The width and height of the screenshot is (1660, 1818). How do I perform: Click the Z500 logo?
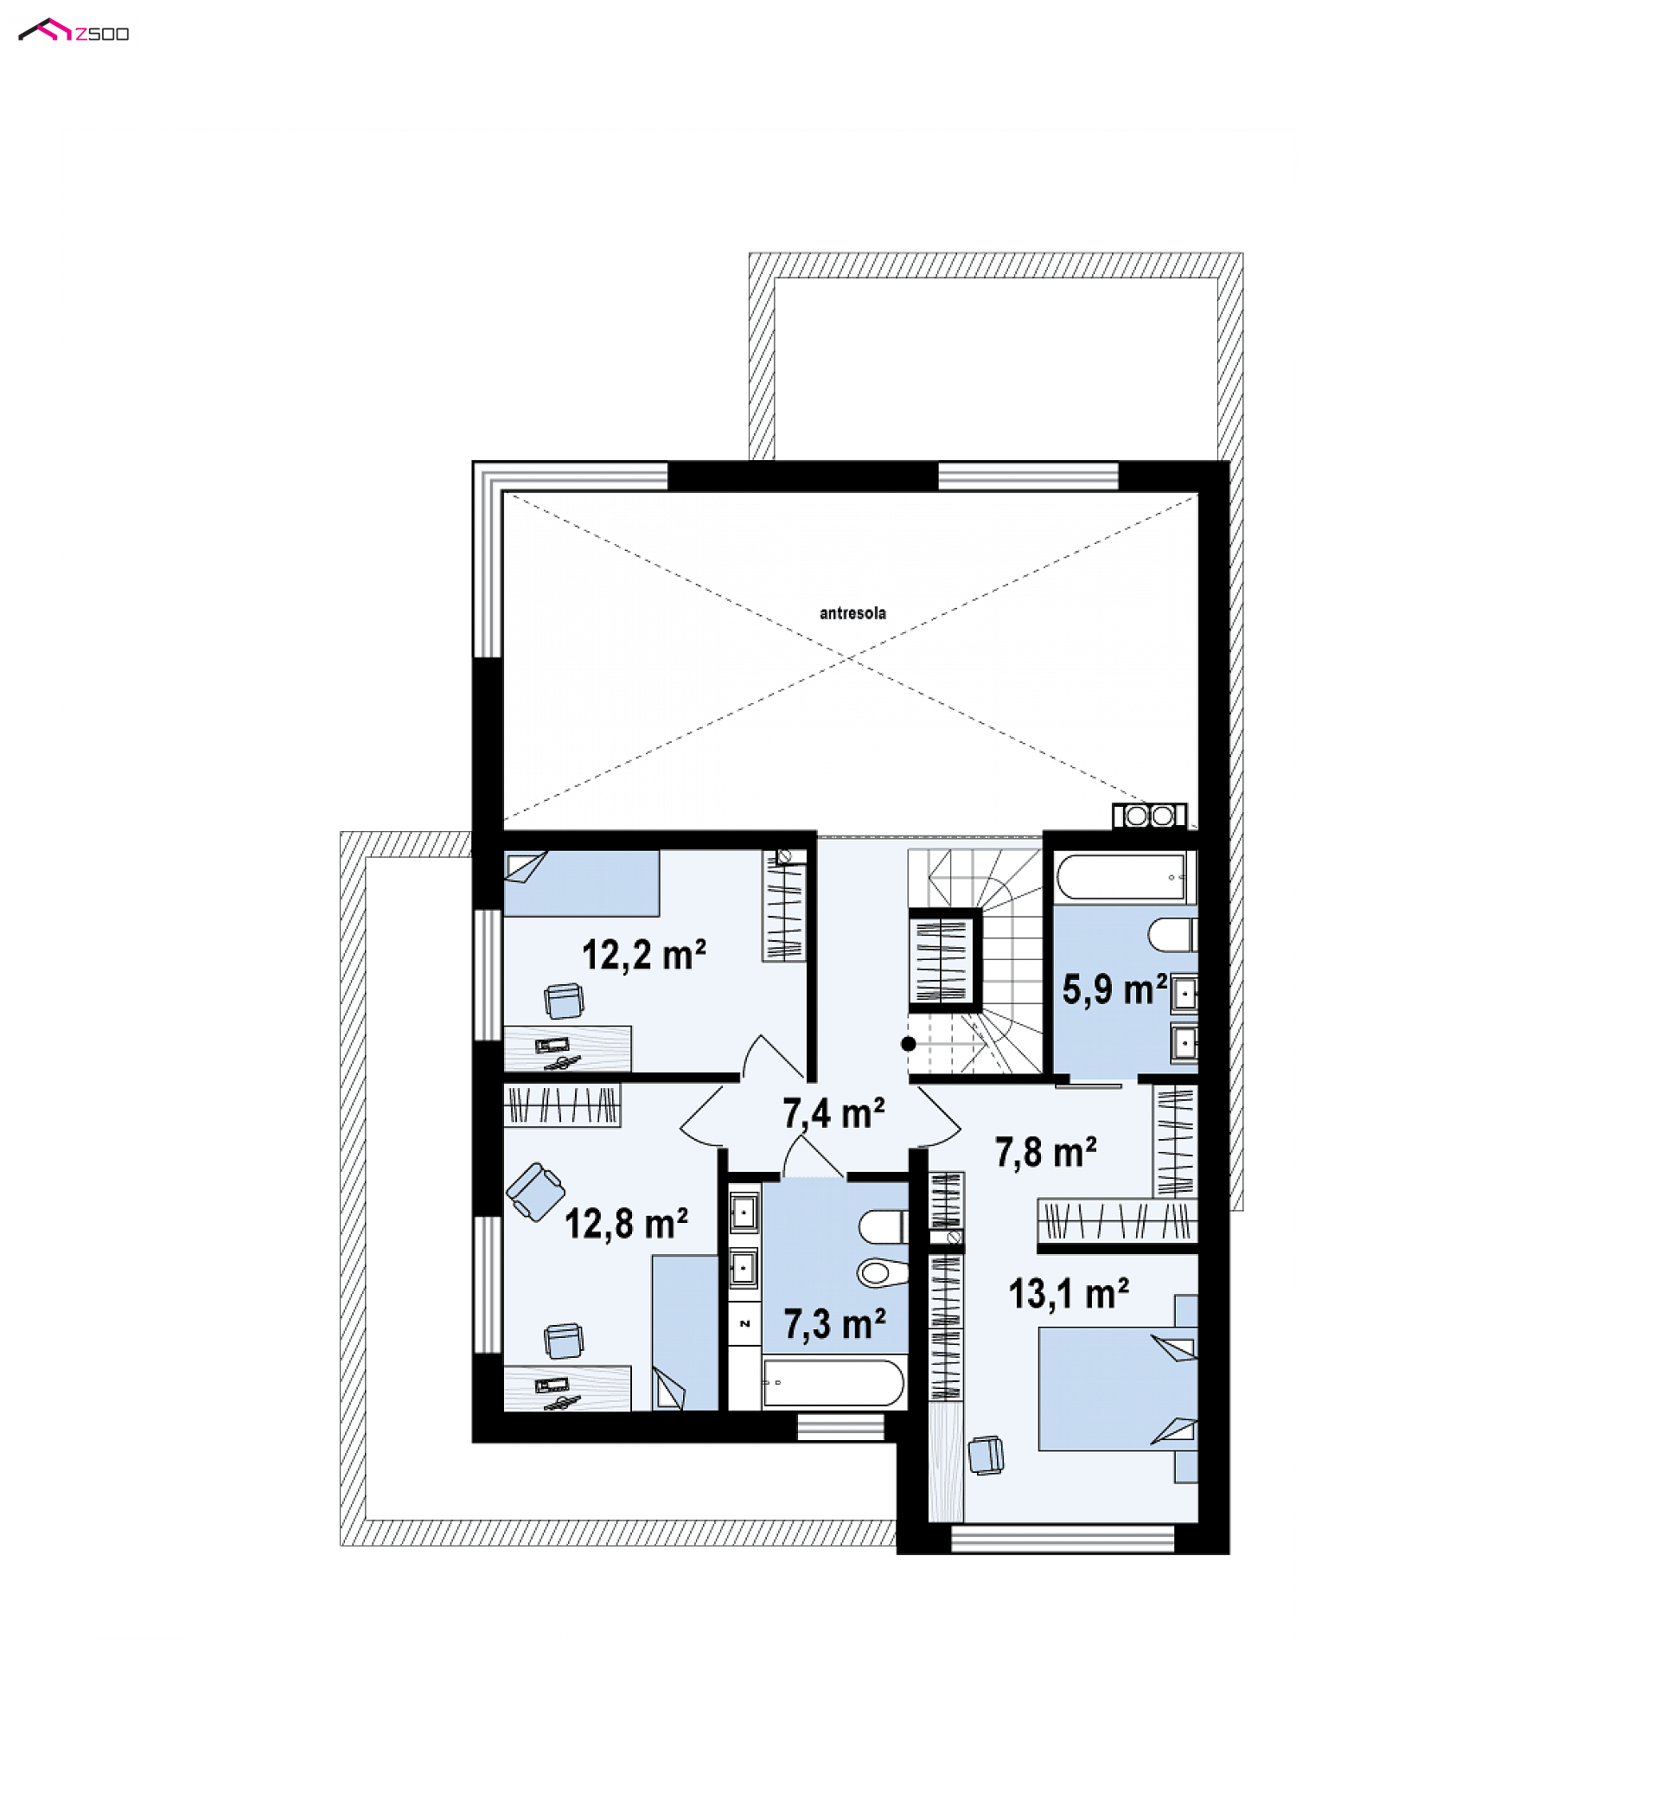tap(74, 31)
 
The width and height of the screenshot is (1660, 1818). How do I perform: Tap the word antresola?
tap(852, 613)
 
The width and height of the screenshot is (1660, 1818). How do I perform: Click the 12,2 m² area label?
tap(644, 955)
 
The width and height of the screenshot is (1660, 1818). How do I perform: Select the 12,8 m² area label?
tap(627, 1224)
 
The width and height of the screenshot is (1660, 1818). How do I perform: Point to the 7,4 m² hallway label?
tap(834, 1114)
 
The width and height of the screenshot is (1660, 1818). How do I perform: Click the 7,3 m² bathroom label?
tap(835, 1324)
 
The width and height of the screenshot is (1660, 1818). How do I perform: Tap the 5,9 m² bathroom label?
tap(1114, 989)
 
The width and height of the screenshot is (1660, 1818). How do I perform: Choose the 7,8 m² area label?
tap(1046, 1151)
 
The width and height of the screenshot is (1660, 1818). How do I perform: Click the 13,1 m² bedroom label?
tap(1069, 1294)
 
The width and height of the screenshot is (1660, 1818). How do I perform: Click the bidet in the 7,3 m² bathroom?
tap(883, 1272)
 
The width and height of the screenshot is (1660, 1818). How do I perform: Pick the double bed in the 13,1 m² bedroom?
tap(1118, 1389)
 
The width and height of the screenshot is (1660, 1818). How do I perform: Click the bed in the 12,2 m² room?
tap(581, 884)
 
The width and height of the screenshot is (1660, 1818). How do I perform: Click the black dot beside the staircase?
tap(908, 1044)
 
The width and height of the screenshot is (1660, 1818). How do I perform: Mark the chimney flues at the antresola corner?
tap(1150, 816)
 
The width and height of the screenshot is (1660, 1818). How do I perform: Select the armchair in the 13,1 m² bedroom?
tap(986, 1456)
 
